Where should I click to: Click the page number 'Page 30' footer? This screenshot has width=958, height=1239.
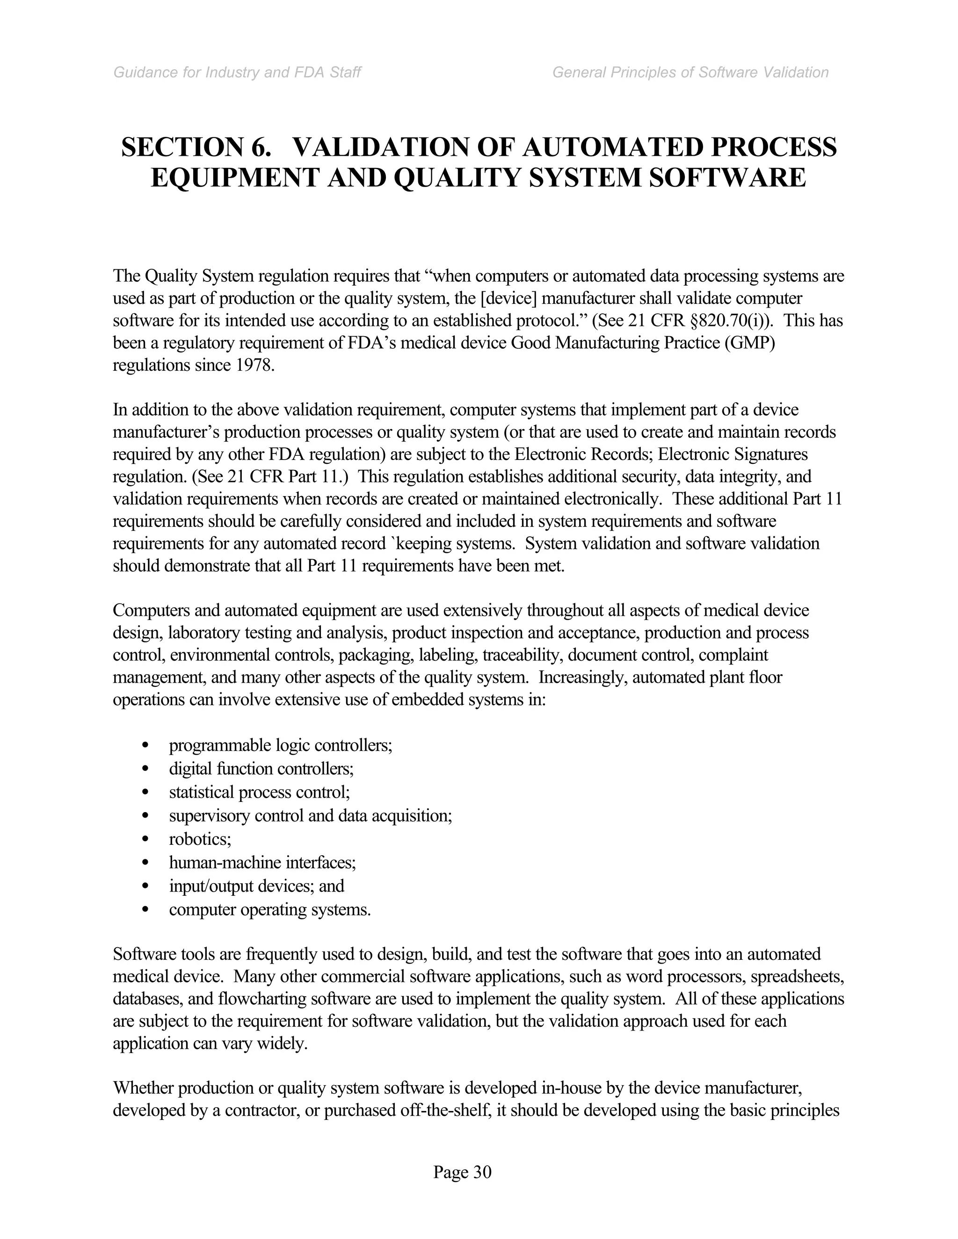(x=462, y=1172)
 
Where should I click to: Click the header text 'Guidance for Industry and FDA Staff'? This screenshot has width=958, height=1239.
(x=237, y=72)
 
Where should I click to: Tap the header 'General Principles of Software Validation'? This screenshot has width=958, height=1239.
(x=690, y=72)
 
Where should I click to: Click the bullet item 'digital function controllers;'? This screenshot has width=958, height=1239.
(x=261, y=769)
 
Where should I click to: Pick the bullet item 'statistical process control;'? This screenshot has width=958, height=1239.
(x=259, y=792)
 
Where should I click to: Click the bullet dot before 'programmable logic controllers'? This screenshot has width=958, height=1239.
(x=146, y=745)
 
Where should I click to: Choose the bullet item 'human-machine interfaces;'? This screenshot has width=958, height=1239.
(x=262, y=862)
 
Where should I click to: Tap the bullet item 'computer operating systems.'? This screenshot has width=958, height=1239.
(x=269, y=909)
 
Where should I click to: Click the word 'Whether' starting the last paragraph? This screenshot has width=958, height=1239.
(x=143, y=1088)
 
